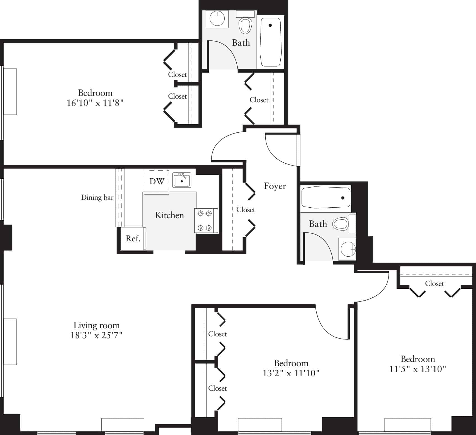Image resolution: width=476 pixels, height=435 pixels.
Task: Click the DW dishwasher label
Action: [157, 181]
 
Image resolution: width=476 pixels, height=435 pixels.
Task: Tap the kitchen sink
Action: [182, 180]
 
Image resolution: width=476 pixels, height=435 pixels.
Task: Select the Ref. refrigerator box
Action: [133, 239]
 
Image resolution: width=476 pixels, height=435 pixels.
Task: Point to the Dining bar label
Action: [97, 198]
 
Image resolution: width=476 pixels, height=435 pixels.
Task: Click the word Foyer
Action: [275, 186]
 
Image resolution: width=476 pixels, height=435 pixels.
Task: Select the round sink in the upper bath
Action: [217, 19]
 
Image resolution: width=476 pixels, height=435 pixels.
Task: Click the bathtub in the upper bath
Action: [270, 42]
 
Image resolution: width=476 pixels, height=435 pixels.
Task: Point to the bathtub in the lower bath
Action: [326, 198]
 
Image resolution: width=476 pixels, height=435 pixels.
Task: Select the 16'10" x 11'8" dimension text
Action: [95, 103]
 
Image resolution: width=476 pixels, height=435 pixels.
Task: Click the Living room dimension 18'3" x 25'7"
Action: [96, 335]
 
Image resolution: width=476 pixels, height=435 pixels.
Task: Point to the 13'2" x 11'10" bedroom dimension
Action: [291, 373]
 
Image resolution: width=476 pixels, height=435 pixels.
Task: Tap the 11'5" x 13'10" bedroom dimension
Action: [417, 369]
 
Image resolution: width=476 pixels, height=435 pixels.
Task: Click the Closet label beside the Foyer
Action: [246, 210]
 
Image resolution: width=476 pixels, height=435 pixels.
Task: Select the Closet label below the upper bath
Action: [259, 100]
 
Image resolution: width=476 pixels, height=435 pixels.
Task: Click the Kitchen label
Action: [169, 215]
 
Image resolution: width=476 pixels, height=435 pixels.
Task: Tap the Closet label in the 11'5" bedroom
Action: [434, 283]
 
